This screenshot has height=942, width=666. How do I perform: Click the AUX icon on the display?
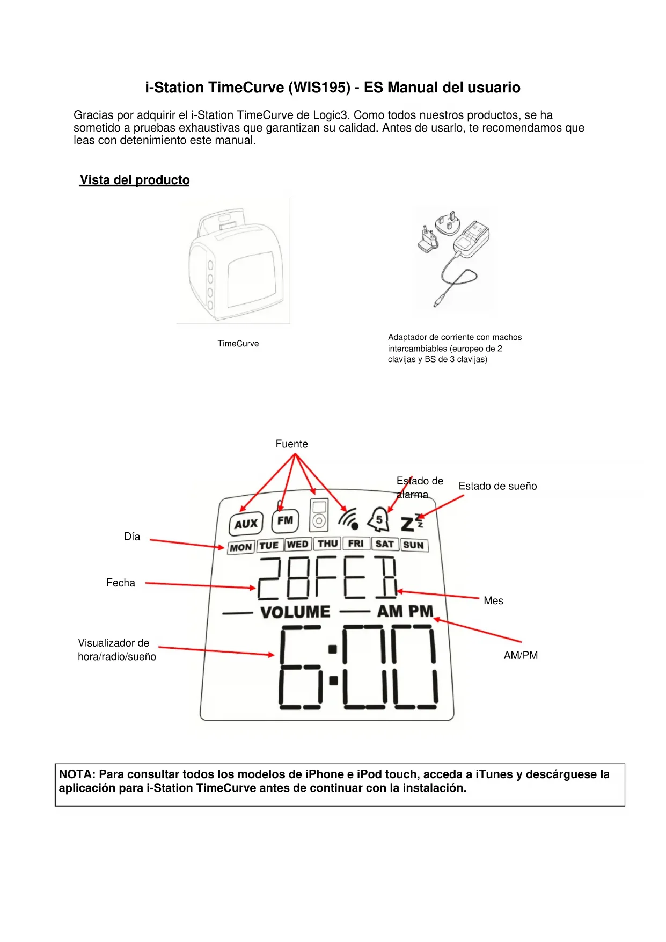click(246, 524)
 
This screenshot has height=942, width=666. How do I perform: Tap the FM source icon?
click(285, 520)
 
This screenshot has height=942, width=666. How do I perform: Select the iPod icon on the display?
click(319, 515)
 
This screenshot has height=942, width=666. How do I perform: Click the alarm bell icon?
click(378, 520)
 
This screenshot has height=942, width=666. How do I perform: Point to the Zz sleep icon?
click(412, 523)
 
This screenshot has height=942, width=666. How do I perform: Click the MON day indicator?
click(241, 548)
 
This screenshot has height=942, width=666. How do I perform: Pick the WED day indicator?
click(298, 545)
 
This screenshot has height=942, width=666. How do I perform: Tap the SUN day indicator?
click(413, 545)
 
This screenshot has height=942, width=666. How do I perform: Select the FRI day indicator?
click(356, 544)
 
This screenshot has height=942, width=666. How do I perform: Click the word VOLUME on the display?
click(295, 612)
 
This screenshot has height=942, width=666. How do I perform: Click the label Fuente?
click(291, 444)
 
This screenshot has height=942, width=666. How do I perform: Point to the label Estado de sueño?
click(497, 486)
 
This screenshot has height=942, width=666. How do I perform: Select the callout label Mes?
click(493, 601)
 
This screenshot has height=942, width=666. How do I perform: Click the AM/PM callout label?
click(521, 655)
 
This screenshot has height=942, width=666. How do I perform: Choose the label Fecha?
click(121, 583)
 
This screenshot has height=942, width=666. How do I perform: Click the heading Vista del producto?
click(135, 180)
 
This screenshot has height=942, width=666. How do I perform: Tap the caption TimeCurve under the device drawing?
click(238, 344)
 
